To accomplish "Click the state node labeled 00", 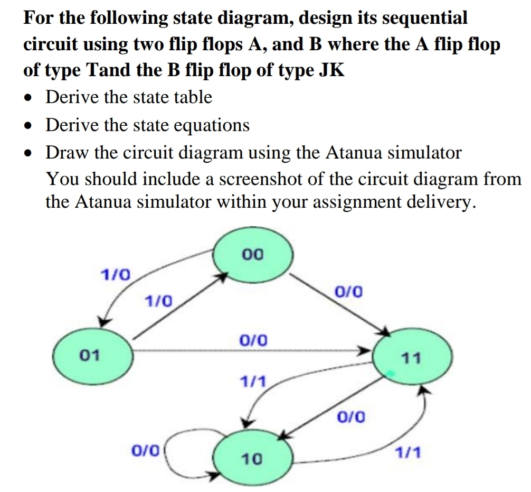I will [x=253, y=255].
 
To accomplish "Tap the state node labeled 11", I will [x=411, y=359].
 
